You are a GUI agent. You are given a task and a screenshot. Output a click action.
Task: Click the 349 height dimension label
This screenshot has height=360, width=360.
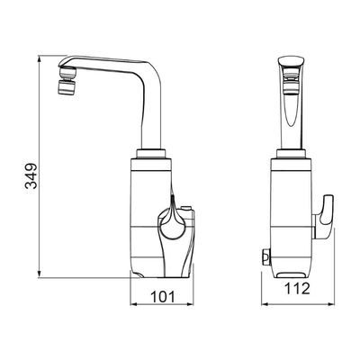31,175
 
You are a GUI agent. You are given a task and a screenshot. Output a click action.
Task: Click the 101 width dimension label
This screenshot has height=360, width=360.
162,297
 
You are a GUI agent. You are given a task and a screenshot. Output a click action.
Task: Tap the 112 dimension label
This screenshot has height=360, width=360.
297,289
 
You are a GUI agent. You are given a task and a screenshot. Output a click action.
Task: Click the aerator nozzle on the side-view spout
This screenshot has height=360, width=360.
67,81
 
